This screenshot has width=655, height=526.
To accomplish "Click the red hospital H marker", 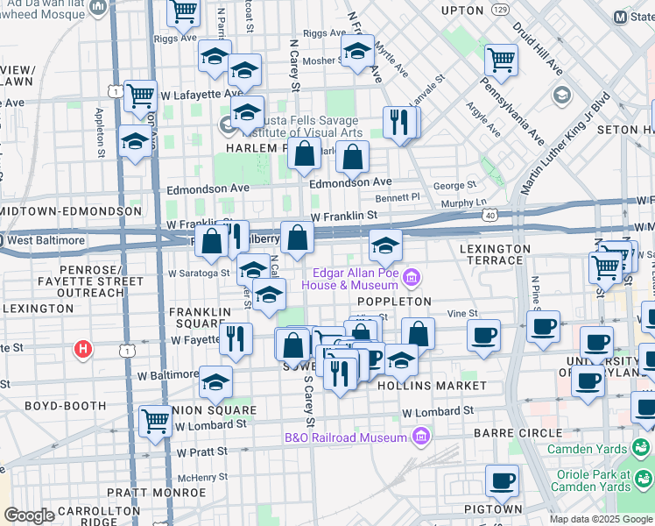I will (x=82, y=350).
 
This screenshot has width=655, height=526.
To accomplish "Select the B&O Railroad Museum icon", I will (x=421, y=437).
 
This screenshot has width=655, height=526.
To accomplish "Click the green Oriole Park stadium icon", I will (x=644, y=479).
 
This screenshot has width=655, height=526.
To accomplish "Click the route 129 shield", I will (x=500, y=9).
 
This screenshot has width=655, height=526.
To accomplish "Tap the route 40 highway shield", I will (x=490, y=214).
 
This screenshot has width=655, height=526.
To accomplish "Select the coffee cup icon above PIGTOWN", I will (x=503, y=480).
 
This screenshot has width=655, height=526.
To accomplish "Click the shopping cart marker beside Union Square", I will (x=156, y=420).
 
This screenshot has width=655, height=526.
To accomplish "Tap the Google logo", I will (x=29, y=515).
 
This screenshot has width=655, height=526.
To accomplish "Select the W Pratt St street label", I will (x=201, y=452).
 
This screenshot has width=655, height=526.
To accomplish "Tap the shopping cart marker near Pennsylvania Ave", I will (x=501, y=60).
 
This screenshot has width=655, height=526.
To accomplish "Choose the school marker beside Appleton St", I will (x=134, y=143).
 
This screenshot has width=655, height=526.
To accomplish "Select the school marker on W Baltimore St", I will (x=215, y=381).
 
